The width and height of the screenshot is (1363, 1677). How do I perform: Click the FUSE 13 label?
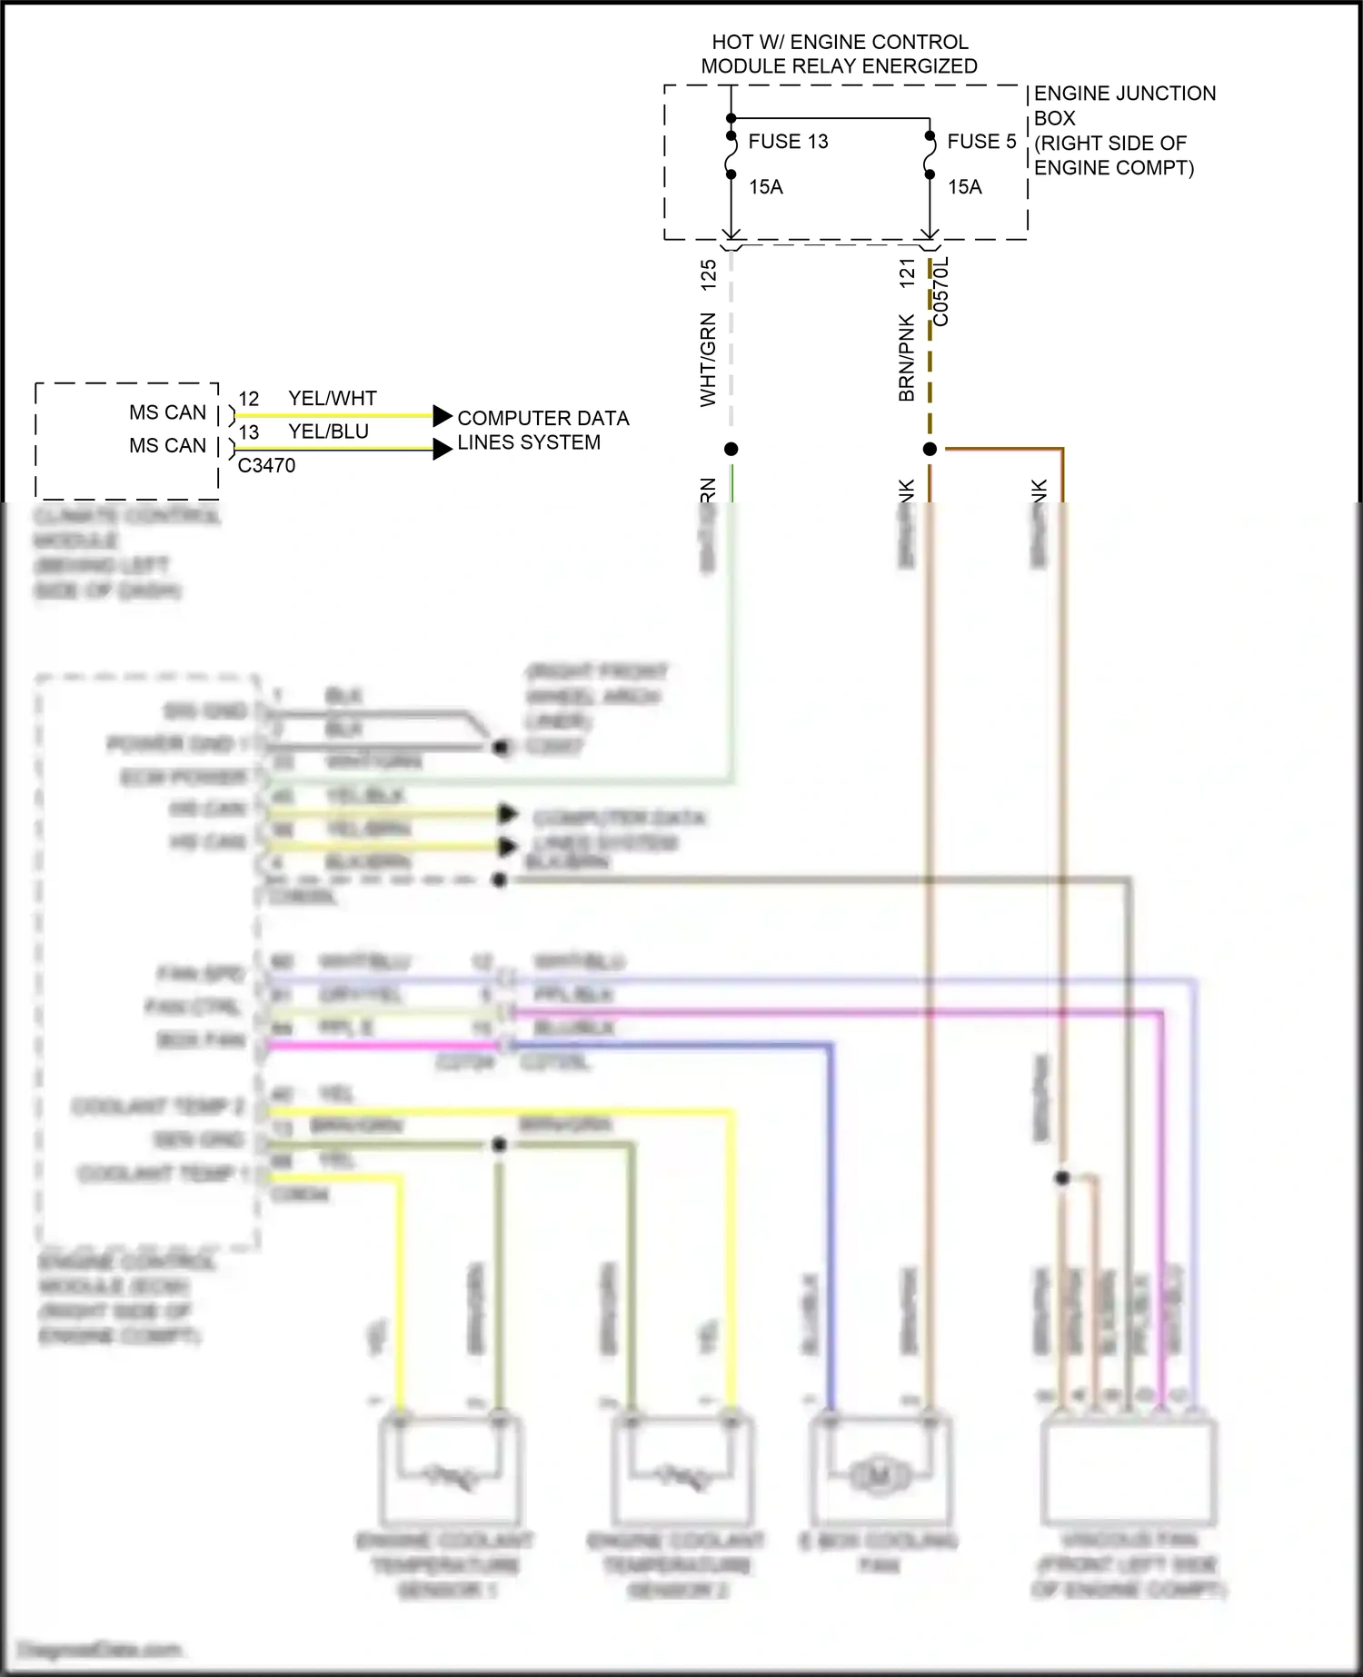[788, 142]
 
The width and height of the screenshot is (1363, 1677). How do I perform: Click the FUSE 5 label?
[981, 142]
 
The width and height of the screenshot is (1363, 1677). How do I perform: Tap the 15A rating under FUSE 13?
[766, 187]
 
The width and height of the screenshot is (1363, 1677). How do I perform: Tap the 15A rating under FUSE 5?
[965, 187]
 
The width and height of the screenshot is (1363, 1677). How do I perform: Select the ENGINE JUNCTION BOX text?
[1124, 105]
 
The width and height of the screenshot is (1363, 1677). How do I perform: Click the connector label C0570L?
[941, 292]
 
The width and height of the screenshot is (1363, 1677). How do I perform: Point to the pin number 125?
[709, 275]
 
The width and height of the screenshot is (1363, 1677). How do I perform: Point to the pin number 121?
[907, 273]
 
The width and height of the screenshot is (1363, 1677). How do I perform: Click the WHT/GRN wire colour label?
[709, 360]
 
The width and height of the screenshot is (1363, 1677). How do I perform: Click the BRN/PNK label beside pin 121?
[907, 358]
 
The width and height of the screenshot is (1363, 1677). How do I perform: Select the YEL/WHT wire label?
[332, 399]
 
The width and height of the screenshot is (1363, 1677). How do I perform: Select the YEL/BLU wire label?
[328, 432]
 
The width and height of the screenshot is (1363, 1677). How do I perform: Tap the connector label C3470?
[266, 465]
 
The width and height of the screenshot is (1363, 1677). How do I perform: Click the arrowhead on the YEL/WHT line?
[443, 416]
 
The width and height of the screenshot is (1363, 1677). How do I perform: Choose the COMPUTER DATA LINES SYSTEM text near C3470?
[542, 431]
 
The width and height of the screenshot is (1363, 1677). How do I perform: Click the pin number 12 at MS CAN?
[249, 400]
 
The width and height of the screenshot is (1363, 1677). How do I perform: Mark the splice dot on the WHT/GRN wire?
[731, 449]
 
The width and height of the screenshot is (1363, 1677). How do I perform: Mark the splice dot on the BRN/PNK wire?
[930, 449]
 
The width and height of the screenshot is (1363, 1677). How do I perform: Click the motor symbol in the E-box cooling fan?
[879, 1477]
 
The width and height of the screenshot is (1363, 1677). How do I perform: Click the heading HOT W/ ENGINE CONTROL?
[840, 43]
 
